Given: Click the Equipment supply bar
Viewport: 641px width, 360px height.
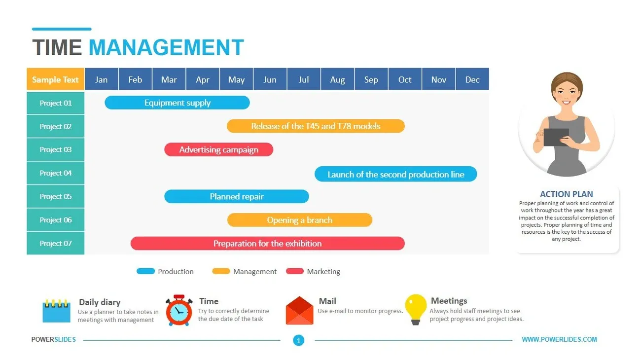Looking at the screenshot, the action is (x=177, y=103).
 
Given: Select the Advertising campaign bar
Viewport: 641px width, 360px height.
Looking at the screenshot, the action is (x=218, y=149).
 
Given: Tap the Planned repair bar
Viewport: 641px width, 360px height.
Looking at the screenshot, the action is (x=236, y=196).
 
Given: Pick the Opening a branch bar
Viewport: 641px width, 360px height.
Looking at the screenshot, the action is (x=300, y=220).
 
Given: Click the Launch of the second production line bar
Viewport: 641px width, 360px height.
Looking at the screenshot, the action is (x=396, y=174).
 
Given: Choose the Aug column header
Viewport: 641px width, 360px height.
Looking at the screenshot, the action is (x=337, y=79).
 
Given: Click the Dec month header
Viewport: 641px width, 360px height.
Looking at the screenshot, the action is (x=472, y=79).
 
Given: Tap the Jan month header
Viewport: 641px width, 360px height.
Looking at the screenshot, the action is (x=101, y=79).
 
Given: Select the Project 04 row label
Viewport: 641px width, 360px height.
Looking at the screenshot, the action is (x=56, y=173).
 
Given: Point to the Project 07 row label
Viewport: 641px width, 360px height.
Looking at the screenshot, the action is (x=56, y=243).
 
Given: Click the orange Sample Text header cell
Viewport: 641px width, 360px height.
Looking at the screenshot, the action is (x=56, y=79).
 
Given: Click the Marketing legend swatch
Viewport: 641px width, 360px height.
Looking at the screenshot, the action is (x=295, y=271).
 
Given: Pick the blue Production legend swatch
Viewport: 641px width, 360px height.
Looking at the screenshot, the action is (x=145, y=271).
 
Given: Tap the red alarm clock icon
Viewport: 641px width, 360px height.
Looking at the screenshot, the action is (x=179, y=311).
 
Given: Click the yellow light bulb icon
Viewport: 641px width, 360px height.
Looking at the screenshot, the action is (x=416, y=310).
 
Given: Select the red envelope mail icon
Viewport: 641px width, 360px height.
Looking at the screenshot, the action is (x=299, y=311).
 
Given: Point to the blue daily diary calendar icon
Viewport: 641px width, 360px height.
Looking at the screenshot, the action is (x=56, y=311).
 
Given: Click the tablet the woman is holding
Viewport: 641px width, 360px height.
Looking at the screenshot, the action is (x=556, y=137).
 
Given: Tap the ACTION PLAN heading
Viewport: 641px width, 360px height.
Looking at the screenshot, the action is (x=567, y=194).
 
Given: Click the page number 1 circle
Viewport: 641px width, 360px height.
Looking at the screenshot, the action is (x=298, y=341).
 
